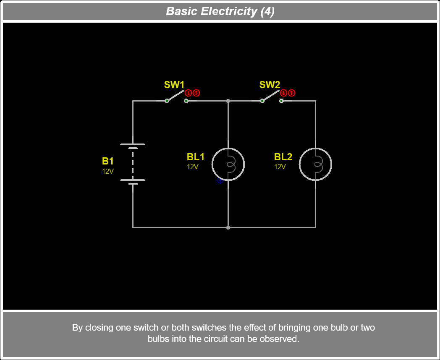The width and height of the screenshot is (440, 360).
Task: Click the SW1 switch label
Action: (174, 85)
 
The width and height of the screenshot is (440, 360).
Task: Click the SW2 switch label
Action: (270, 85)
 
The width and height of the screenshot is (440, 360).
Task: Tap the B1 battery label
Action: (108, 161)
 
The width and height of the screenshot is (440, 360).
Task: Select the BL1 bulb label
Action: (196, 157)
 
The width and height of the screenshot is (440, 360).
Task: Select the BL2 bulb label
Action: (283, 157)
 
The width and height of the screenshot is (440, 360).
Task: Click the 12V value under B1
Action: (108, 171)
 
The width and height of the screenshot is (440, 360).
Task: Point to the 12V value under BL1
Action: (193, 167)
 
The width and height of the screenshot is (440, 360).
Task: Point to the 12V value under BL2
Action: (280, 167)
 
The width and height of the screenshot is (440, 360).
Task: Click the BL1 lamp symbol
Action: (228, 164)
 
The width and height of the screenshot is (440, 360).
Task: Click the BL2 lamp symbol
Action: (315, 164)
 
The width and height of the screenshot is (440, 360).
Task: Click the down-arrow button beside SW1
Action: (189, 93)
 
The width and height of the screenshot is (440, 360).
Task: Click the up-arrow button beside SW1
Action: (196, 93)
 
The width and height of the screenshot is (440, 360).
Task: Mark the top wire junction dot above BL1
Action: (228, 101)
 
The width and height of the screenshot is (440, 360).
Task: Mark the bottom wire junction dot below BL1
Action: (228, 227)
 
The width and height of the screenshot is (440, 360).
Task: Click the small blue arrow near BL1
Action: (219, 181)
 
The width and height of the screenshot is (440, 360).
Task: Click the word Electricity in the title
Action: (229, 11)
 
